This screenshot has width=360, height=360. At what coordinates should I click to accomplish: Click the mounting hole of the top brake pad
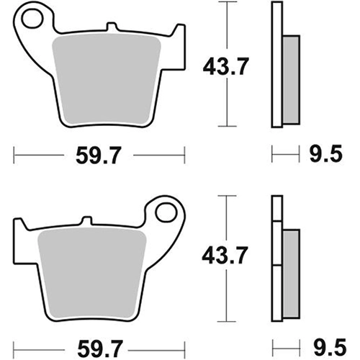pyautogui.click(x=32, y=18)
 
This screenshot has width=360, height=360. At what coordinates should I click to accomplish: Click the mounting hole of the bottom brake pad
pyautogui.click(x=166, y=212)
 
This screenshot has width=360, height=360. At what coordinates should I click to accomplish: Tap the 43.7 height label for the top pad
pyautogui.click(x=226, y=66)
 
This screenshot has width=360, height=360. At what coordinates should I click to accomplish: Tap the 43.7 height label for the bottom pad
pyautogui.click(x=225, y=255)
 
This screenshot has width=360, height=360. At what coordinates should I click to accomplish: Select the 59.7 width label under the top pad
pyautogui.click(x=99, y=156)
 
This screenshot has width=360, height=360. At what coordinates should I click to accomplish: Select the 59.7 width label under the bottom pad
pyautogui.click(x=100, y=348)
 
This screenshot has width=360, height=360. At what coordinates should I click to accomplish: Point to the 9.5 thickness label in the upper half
pyautogui.click(x=325, y=153)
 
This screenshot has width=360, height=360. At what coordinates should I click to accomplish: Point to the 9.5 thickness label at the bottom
pyautogui.click(x=330, y=347)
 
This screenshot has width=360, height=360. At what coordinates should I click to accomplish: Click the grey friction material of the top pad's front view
pyautogui.click(x=107, y=79)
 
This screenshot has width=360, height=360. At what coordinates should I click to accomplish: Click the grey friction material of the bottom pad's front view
pyautogui.click(x=92, y=273)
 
